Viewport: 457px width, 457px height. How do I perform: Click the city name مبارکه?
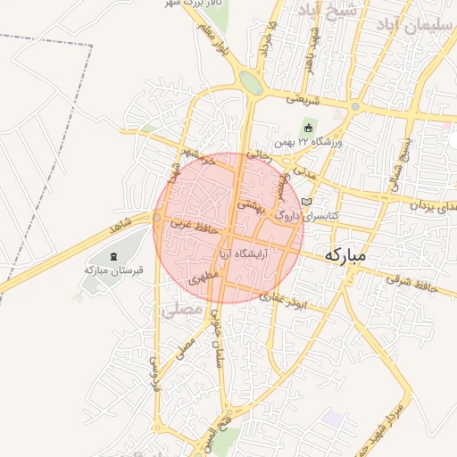345,254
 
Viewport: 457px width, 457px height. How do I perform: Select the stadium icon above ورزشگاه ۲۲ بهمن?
309,128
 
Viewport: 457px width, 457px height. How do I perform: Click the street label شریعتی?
303,101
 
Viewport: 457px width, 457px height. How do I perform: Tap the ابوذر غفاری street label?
284,298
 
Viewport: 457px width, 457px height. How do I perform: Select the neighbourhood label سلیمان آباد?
411,25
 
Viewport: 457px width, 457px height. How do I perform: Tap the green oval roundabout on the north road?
251,83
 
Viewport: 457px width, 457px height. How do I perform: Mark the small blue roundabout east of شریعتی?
355,107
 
